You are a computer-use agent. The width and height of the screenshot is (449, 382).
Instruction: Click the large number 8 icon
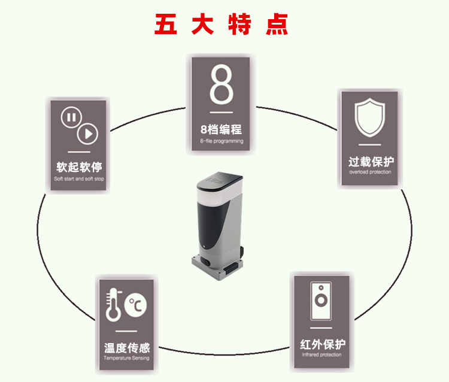221,86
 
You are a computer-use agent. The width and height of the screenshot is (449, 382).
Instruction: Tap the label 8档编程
221,129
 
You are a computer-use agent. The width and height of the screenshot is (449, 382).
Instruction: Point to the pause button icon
70,117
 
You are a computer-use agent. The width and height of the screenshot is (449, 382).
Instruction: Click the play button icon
88,134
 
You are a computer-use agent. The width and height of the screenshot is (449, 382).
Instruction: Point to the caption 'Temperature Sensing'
126,358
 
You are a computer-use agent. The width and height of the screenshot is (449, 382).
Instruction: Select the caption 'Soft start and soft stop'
78,179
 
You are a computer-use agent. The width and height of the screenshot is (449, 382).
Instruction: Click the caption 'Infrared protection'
323,355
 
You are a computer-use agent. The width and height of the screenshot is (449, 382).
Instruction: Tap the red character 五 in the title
165,23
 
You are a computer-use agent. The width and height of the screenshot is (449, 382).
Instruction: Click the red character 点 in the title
277,23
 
